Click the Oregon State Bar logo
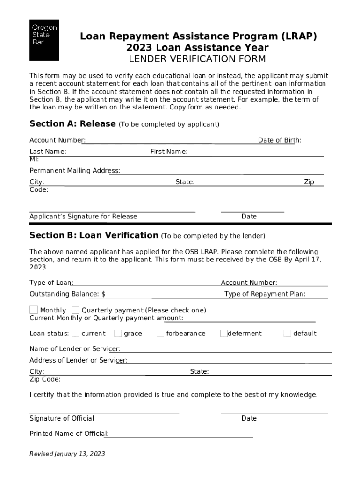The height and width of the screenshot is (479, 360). tap(44, 40)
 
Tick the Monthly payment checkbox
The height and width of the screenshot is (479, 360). tap(34, 310)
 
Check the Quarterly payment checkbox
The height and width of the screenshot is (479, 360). tap(76, 310)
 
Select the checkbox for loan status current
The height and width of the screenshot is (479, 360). tap(76, 334)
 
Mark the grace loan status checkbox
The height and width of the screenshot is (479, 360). tap(118, 334)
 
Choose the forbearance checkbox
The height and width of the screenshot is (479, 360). tap(160, 334)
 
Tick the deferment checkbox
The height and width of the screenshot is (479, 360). tap(224, 334)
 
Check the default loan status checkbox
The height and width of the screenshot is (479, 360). tap(287, 334)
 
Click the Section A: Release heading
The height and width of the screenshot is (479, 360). tap(72, 124)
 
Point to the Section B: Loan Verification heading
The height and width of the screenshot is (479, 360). tap(94, 235)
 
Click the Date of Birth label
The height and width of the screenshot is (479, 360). tap(280, 140)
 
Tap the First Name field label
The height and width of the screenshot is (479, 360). tap(169, 152)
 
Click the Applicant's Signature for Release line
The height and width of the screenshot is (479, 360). tap(112, 211)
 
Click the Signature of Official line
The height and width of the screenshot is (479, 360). tap(104, 413)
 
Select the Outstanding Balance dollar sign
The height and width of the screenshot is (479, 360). tap(103, 294)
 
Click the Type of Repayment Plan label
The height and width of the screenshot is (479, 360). tap(265, 294)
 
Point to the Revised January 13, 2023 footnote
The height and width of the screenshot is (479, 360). tap(67, 454)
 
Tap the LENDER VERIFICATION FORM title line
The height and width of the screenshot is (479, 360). tap(197, 59)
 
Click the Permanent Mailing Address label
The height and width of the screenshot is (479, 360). tap(75, 170)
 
